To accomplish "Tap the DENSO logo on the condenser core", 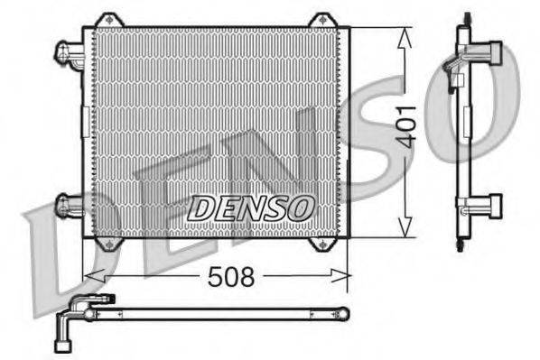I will click(x=250, y=207).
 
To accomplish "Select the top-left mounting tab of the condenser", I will click(x=108, y=20).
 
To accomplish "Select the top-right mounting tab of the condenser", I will click(x=321, y=20).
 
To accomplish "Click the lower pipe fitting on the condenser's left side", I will click(x=69, y=205).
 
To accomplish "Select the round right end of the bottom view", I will click(x=342, y=313).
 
